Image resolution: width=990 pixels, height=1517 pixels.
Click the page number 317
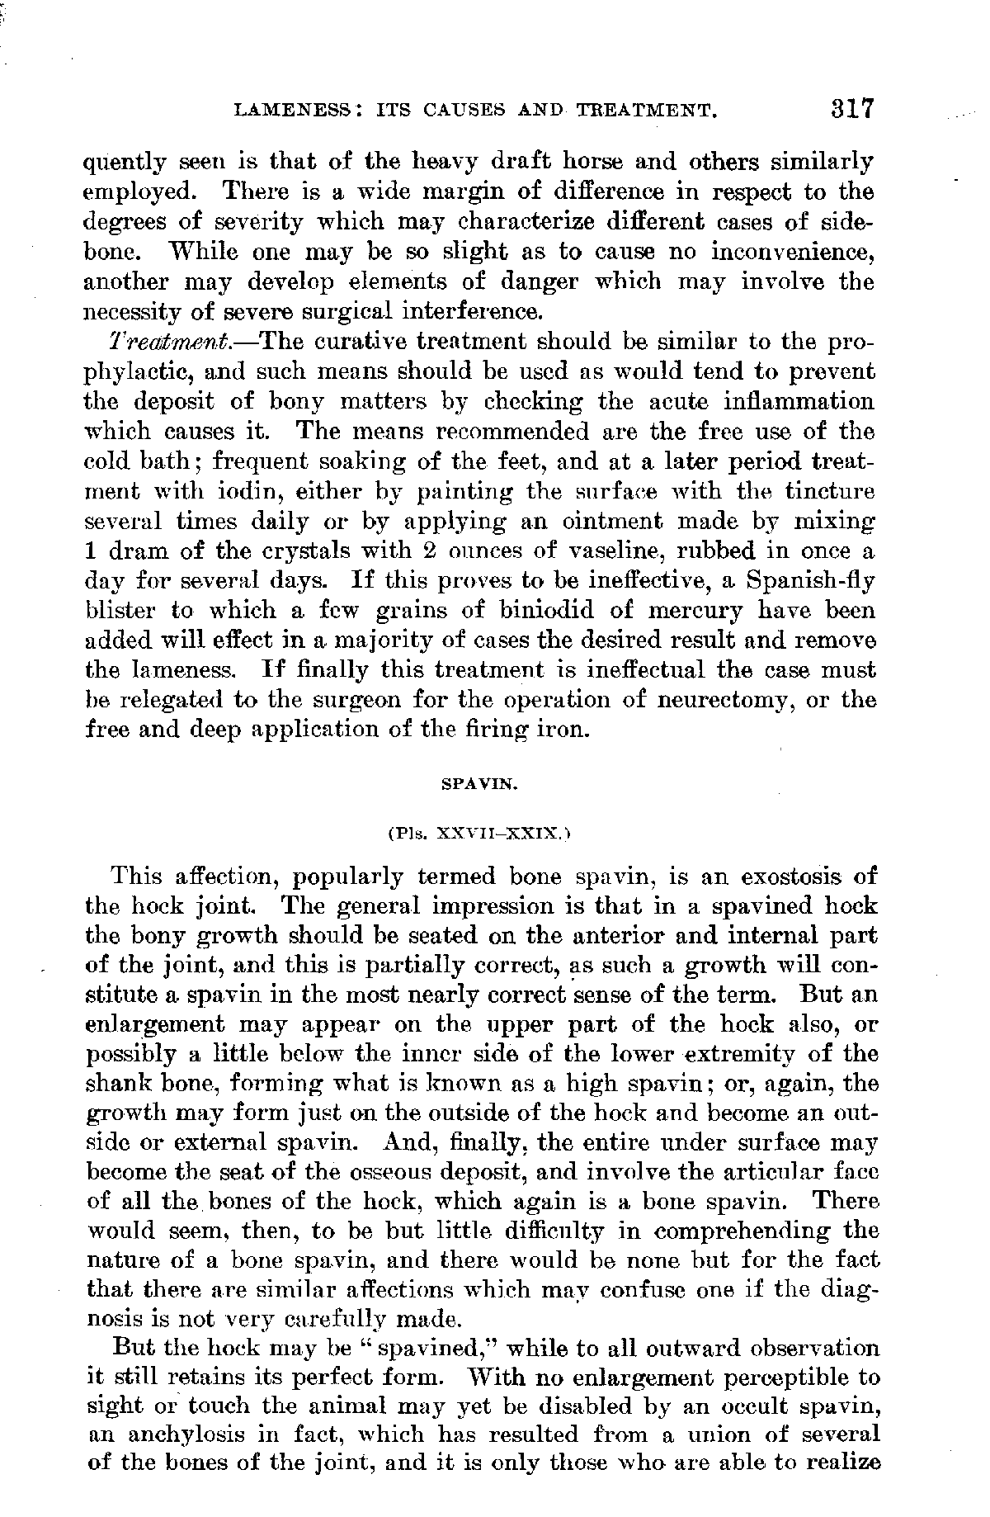(x=852, y=109)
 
